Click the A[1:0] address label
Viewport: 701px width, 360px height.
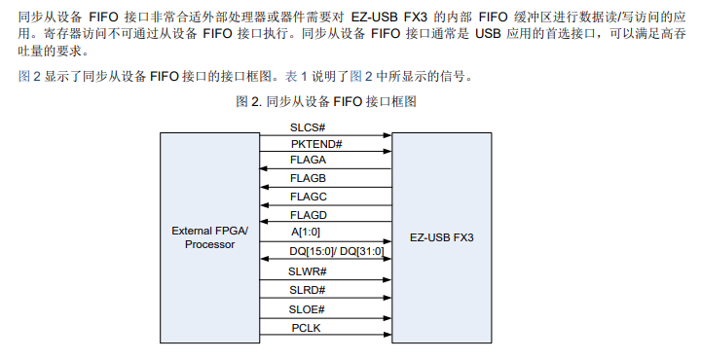307,233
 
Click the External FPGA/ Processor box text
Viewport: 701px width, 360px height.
210,237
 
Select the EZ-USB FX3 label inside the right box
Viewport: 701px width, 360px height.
442,237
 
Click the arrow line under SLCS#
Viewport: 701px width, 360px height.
326,135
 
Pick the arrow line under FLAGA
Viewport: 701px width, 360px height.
326,168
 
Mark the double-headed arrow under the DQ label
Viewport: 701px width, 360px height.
326,260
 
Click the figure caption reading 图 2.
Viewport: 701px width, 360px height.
327,101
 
